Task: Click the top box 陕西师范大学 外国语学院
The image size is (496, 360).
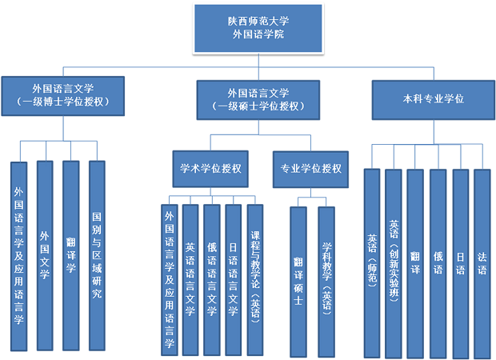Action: [x=258, y=28]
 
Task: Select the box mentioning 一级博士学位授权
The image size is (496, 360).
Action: [x=63, y=96]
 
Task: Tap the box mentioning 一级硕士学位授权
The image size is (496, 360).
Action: [x=258, y=100]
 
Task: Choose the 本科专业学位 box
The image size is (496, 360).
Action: [x=434, y=100]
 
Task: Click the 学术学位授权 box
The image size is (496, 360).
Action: [x=210, y=169]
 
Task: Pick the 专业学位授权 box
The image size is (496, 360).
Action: [x=310, y=170]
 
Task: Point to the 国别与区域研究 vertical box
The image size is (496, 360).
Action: [x=97, y=256]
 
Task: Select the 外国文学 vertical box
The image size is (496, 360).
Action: [x=45, y=256]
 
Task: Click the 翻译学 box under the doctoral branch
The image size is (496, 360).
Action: [x=71, y=256]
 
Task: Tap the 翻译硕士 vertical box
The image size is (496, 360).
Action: [x=298, y=282]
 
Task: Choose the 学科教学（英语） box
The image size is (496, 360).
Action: [x=326, y=282]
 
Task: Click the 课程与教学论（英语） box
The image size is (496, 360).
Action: [x=255, y=280]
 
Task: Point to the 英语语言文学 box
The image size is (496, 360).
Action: [x=190, y=280]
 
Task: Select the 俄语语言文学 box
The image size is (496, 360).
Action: [x=212, y=280]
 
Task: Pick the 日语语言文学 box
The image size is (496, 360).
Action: [x=233, y=280]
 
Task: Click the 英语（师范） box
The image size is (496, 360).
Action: [x=372, y=263]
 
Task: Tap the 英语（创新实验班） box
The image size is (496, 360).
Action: [x=394, y=264]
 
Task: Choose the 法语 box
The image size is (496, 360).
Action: [x=482, y=264]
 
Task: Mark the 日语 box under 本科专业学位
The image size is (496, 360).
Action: [x=461, y=264]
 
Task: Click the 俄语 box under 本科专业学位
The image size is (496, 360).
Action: [x=438, y=264]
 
